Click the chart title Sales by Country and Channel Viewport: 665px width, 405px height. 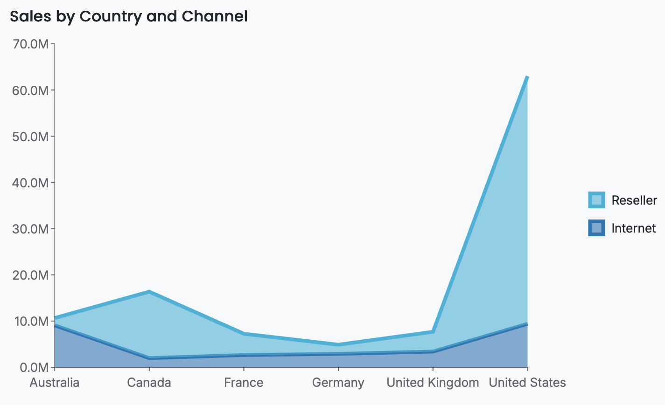click(x=128, y=16)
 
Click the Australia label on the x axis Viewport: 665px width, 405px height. click(x=55, y=383)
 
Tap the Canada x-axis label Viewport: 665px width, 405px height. click(x=149, y=383)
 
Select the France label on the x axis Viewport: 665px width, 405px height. click(x=244, y=383)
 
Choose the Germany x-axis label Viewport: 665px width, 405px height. click(x=338, y=383)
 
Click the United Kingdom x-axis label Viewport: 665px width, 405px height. click(x=433, y=383)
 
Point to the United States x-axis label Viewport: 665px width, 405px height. click(x=527, y=383)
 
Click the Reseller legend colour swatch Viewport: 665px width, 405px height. click(x=596, y=200)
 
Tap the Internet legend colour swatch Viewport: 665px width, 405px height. click(x=596, y=228)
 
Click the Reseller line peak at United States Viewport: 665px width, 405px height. click(x=527, y=77)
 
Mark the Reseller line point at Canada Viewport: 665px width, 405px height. click(x=149, y=292)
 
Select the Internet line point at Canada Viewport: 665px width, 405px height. click(x=149, y=358)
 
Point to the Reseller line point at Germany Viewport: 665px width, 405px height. click(x=338, y=345)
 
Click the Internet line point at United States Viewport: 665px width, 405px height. click(x=527, y=324)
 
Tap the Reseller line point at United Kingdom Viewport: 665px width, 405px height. click(x=433, y=332)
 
